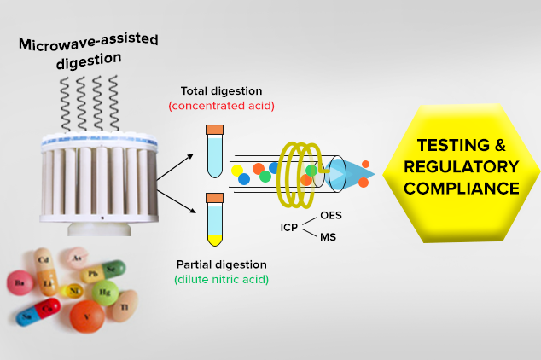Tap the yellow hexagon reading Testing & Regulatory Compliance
click(x=462, y=165)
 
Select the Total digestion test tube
click(x=215, y=154)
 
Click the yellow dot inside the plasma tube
click(x=238, y=171)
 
